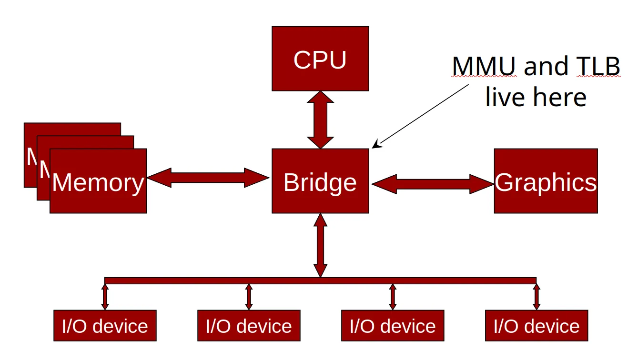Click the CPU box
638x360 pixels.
tap(320, 59)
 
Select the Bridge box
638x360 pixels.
tap(320, 181)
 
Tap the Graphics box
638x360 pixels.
tap(546, 181)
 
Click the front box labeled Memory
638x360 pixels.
tap(98, 181)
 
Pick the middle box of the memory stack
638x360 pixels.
tap(86, 141)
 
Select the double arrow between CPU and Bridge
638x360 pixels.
tap(320, 120)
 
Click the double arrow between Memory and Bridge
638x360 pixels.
tap(208, 178)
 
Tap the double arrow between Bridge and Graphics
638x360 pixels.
tap(432, 183)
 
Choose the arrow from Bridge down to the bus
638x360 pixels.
tap(320, 245)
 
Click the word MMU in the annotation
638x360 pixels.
tap(484, 67)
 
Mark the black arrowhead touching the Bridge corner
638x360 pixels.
tap(375, 145)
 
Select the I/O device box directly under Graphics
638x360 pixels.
tap(536, 326)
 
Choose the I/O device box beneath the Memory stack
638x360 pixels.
tap(105, 326)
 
